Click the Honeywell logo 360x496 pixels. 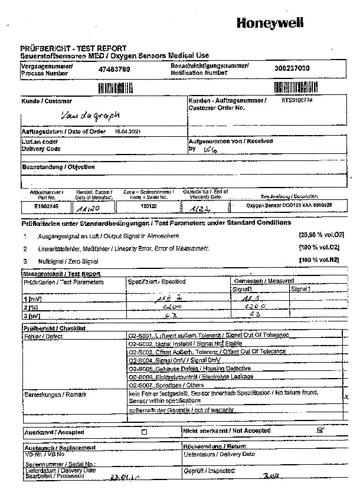click(x=270, y=23)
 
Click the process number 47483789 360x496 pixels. click(x=114, y=69)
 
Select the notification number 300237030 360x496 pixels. click(x=292, y=68)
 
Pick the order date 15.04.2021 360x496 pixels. click(x=127, y=131)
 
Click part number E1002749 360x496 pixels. click(x=47, y=207)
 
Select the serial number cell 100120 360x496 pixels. click(x=148, y=207)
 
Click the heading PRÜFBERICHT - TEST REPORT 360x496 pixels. click(x=73, y=48)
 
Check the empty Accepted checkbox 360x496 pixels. click(x=145, y=432)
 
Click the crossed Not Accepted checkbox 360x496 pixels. click(x=320, y=431)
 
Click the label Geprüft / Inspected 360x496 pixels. click(x=210, y=471)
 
